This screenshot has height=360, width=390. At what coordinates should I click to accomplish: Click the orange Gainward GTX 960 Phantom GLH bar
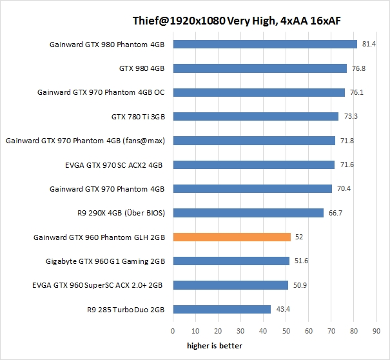(232, 237)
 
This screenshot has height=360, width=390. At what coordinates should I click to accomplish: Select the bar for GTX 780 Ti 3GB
(255, 116)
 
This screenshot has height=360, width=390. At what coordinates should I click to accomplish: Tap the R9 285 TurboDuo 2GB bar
(222, 309)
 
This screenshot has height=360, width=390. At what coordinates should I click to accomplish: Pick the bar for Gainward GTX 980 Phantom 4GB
(265, 45)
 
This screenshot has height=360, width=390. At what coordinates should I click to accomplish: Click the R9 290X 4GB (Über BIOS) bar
(248, 213)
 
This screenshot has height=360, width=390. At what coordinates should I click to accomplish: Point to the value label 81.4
(369, 44)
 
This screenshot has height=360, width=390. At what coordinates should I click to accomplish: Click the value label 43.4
(283, 310)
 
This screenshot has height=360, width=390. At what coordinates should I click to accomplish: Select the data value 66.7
(336, 213)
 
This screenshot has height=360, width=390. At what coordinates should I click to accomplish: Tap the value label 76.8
(359, 68)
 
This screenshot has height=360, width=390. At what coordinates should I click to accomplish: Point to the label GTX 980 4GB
(142, 68)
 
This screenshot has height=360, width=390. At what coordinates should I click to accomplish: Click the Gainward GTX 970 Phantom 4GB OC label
(101, 92)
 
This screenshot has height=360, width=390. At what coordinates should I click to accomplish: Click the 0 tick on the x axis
(173, 331)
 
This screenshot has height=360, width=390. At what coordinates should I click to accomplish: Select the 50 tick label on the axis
(286, 331)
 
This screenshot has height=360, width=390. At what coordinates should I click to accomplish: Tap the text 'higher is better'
(215, 346)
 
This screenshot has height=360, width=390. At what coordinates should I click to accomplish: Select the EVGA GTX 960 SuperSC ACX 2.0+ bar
(230, 285)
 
